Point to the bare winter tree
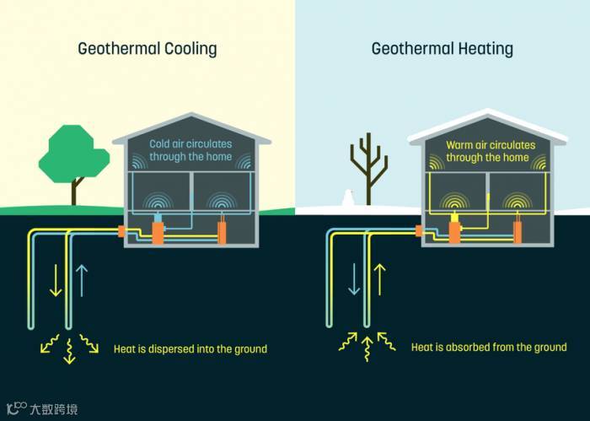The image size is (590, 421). pyautogui.click(x=368, y=165)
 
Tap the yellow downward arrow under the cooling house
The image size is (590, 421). pyautogui.click(x=56, y=279)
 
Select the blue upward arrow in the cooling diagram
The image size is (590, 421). pyautogui.click(x=81, y=280)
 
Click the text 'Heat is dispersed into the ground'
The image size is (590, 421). pyautogui.click(x=190, y=348)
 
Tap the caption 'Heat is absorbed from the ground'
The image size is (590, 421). pyautogui.click(x=489, y=347)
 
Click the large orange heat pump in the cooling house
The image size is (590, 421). pyautogui.click(x=158, y=230)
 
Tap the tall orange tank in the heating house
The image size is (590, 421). pyautogui.click(x=518, y=230)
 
